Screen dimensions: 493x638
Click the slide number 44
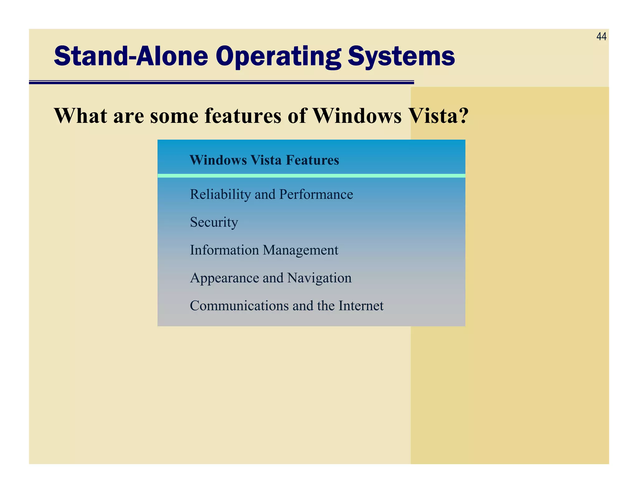(601, 37)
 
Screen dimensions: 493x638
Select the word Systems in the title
(401, 57)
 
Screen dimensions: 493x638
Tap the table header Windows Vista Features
(264, 160)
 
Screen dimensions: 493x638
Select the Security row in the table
(214, 222)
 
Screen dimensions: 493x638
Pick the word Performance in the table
(316, 194)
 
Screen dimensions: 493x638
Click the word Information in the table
(224, 250)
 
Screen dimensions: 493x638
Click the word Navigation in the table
(319, 278)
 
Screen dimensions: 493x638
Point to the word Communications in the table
(239, 306)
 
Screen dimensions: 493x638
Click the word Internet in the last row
(361, 306)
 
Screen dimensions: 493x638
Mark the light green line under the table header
(311, 176)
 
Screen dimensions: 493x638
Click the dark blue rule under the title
(221, 82)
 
